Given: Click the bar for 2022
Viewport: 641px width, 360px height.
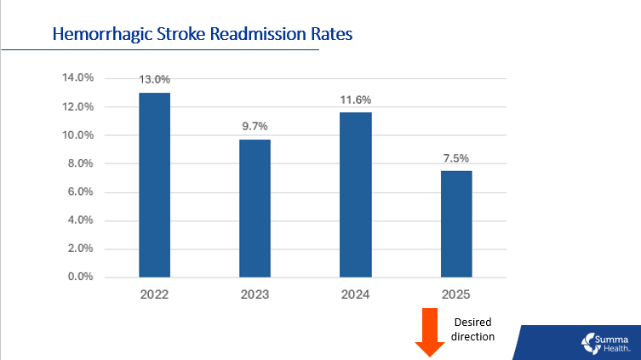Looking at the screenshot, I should coord(155,185).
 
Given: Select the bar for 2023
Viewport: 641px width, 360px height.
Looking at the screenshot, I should coord(255,208).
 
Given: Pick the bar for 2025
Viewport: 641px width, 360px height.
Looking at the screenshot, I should coord(455,224).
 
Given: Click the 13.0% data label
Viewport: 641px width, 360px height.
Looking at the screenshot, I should coord(155,80).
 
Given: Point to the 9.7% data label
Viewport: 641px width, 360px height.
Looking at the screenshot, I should coord(255,127).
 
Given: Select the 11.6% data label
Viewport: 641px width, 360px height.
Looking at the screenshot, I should coord(355,100).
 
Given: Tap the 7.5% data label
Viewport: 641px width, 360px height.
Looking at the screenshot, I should coord(455,158).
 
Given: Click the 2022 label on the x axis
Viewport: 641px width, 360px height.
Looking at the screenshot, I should coord(155,294).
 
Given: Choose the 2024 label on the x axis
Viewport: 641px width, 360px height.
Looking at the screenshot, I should coord(355,294).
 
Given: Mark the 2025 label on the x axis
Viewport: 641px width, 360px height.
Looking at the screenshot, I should coord(455,294).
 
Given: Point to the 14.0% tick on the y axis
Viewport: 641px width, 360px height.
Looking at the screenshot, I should coord(77,78).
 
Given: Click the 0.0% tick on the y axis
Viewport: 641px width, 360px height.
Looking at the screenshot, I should coord(80,277).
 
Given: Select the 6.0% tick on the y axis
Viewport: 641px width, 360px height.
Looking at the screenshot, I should coord(80,192).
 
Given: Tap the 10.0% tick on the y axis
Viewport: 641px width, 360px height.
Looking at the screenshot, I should coord(77,135).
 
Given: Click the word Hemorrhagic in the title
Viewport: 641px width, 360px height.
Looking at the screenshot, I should coord(100,35).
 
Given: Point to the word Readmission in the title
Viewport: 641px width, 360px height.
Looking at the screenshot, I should coord(261,35).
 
